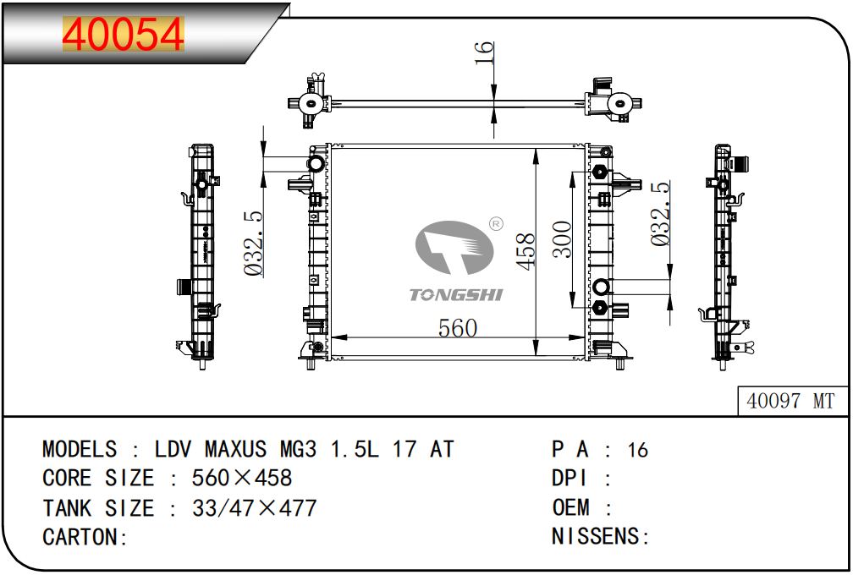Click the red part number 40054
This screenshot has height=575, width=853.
pos(123,35)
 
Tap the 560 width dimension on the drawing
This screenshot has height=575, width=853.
pos(458,327)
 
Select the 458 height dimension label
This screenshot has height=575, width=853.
pos(526,252)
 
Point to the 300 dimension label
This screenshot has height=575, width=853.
pos(562,239)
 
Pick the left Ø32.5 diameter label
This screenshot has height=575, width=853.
pos(254,244)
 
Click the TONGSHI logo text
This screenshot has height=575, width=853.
pos(456,294)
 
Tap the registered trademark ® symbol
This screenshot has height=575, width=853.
pos(496,224)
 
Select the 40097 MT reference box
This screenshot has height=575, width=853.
pos(790,401)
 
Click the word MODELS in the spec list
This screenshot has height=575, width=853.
pos(80,449)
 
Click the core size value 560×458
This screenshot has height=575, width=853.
pos(242,479)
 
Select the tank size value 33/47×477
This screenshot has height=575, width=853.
pos(254,508)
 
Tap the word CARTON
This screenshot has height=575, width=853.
pos(80,537)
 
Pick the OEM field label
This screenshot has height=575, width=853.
pos(570,508)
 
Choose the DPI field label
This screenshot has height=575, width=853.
pos(570,479)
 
